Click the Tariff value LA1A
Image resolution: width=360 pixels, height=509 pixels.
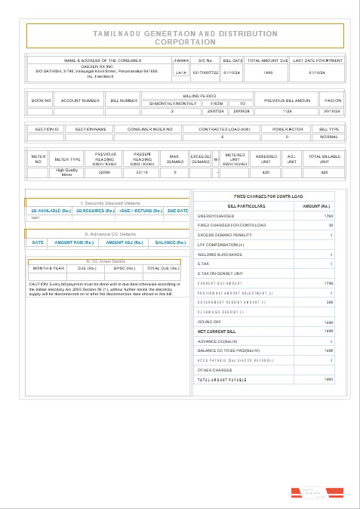pos(180,72)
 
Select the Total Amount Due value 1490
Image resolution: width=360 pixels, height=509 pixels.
pos(268,72)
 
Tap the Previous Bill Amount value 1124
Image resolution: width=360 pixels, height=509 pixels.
pos(285,111)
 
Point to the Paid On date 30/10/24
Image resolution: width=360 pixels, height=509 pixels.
pos(333,111)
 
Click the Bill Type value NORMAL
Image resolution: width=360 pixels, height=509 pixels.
pos(329,137)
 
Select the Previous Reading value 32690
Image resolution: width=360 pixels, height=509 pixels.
pos(105,172)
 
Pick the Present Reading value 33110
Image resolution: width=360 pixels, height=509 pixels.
pos(142,172)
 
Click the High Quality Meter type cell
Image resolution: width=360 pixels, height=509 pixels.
pos(67,172)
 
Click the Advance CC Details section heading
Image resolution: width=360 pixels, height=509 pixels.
pos(110,235)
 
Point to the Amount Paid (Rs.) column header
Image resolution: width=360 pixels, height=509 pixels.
pos(74,242)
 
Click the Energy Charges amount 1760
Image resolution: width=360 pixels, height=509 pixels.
pos(328,216)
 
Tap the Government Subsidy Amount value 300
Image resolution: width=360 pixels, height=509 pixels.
pos(329,302)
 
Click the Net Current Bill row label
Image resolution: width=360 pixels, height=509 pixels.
pos(213,331)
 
